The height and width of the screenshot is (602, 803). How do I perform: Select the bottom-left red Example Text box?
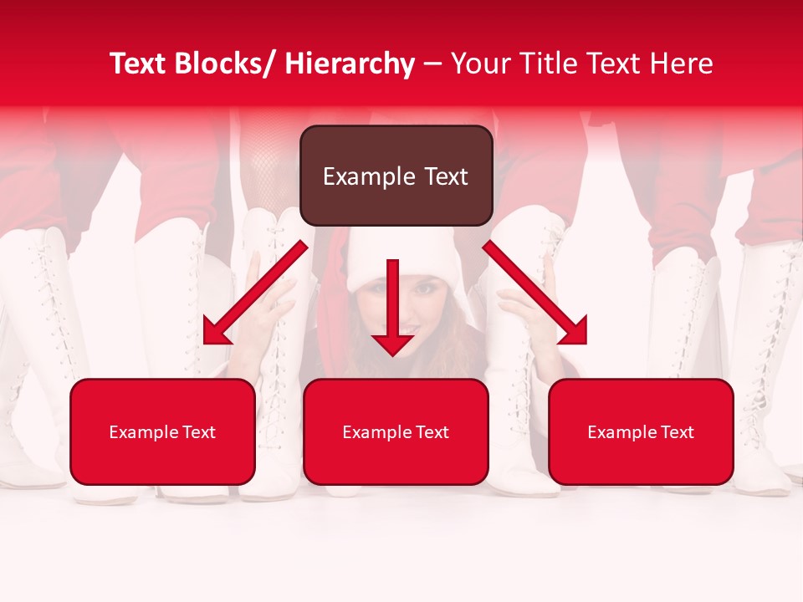click(162, 431)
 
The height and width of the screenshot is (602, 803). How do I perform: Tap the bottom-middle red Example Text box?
click(396, 431)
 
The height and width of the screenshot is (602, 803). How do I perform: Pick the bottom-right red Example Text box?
click(641, 431)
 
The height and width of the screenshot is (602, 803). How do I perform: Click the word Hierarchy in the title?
click(350, 64)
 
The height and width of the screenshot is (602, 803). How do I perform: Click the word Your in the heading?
click(480, 64)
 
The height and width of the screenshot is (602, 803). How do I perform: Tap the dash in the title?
click(432, 64)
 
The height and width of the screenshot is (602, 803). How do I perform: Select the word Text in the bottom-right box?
click(678, 432)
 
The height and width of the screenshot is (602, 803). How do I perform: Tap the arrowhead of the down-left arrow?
click(214, 333)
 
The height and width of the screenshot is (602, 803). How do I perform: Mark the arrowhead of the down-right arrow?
click(575, 333)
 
